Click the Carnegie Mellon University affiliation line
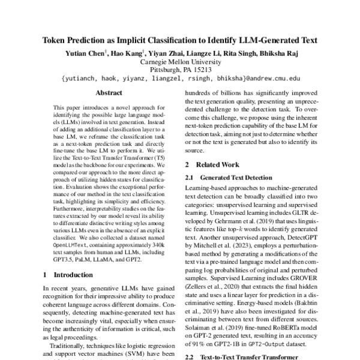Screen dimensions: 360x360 click(181, 61)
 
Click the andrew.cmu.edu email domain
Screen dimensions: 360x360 click(272, 79)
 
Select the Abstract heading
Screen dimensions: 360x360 click(109, 94)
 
